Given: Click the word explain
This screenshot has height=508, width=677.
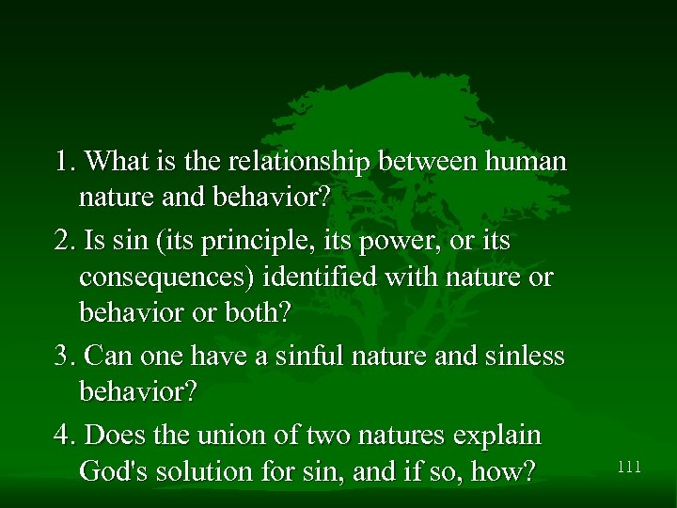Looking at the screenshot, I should tap(498, 436).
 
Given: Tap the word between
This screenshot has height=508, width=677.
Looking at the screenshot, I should tap(427, 162).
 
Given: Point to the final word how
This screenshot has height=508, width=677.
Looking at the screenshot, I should tap(503, 470).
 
